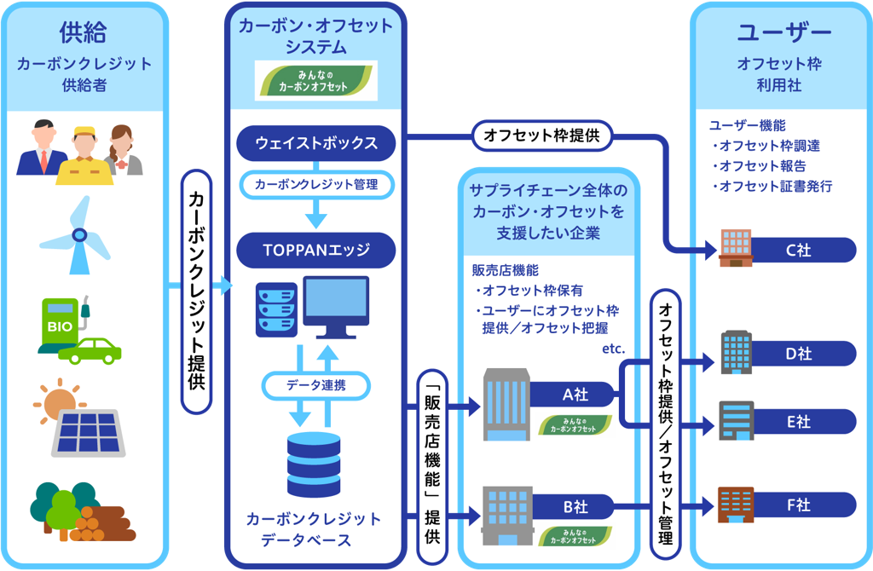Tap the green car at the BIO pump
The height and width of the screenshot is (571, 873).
pos(95,349)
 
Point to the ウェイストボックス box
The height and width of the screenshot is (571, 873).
pos(315,142)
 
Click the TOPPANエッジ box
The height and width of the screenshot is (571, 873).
pos(315,251)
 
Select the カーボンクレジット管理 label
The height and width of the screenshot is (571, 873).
pos(315,183)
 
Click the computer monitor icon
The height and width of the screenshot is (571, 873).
pos(336,306)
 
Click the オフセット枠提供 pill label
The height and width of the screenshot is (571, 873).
pos(542,135)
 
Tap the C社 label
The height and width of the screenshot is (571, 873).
pos(798,250)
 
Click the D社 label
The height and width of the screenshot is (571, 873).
pos(798,353)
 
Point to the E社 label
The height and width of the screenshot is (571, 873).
pos(798,421)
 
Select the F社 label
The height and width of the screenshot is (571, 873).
pos(798,505)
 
